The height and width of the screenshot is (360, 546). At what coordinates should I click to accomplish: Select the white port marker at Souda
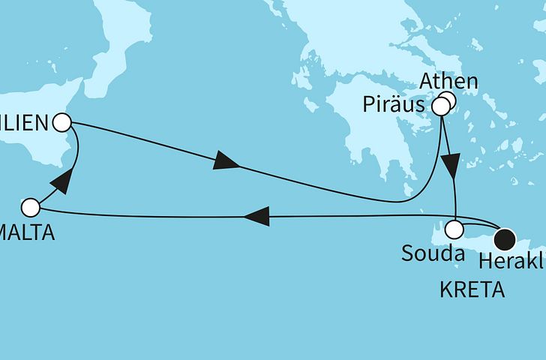(455, 229)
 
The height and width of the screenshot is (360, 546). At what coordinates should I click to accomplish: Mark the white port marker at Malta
(30, 206)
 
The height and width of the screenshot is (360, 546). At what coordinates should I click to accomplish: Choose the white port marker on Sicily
(63, 121)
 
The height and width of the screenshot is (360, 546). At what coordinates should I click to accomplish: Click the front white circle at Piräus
(441, 107)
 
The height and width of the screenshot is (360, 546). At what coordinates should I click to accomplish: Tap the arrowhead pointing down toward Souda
(452, 164)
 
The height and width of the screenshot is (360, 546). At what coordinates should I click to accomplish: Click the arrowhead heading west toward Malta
(257, 217)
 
